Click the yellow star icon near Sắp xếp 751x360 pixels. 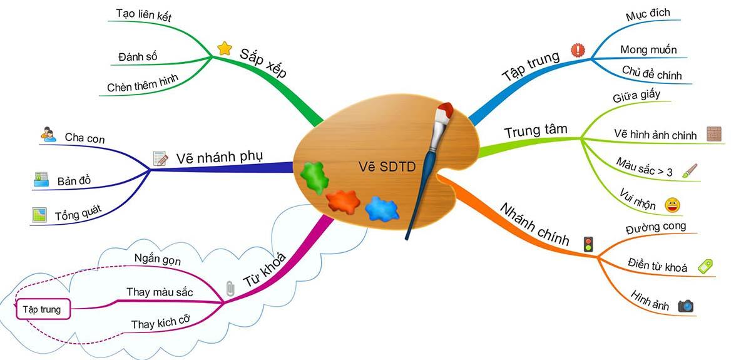point(224,48)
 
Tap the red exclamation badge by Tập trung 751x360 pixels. point(578,50)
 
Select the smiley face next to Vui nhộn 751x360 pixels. point(672,205)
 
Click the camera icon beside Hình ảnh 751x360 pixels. point(686,306)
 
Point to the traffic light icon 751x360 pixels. point(588,244)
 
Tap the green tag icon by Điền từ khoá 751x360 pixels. point(705,266)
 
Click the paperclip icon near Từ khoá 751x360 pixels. point(230,288)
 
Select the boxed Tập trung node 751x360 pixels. point(43,309)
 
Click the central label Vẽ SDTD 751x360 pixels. point(387,167)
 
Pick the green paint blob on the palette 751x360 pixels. point(314,177)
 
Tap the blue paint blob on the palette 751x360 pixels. point(382,208)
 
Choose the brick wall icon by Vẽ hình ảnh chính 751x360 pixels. point(714,134)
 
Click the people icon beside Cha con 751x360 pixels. point(48,134)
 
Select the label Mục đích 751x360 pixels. point(648,14)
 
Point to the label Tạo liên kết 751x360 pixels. point(144,15)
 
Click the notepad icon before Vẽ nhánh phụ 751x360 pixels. point(160,158)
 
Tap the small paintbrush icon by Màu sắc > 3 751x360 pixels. point(690,171)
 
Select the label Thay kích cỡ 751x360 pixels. point(161,322)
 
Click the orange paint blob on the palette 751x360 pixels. point(343,202)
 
